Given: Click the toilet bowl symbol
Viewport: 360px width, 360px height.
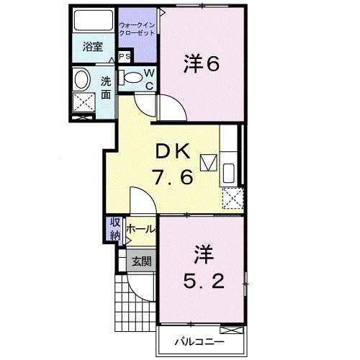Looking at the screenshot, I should pyautogui.click(x=132, y=78).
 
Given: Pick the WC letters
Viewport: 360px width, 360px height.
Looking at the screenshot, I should pyautogui.click(x=149, y=78).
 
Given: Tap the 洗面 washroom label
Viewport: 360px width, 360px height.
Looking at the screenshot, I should pyautogui.click(x=105, y=87).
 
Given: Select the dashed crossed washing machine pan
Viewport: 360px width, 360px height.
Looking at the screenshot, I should pyautogui.click(x=85, y=105).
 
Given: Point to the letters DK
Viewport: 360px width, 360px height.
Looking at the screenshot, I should pyautogui.click(x=174, y=152).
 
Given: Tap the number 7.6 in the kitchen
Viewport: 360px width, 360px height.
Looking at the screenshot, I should pyautogui.click(x=173, y=177).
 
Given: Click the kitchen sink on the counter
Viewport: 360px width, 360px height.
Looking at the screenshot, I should pyautogui.click(x=229, y=174).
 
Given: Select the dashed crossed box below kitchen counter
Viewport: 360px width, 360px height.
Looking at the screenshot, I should pyautogui.click(x=233, y=197).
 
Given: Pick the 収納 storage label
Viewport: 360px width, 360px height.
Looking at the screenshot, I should pyautogui.click(x=115, y=230).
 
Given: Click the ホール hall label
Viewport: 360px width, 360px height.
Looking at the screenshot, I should pyautogui.click(x=140, y=230).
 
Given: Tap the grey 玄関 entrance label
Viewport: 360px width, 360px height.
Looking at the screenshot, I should pyautogui.click(x=140, y=261).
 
